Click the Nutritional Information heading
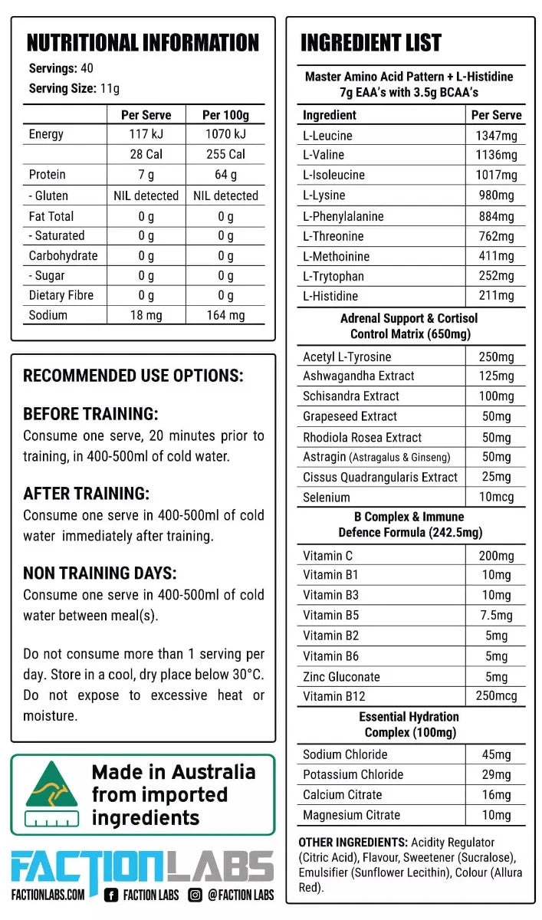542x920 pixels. coord(143,42)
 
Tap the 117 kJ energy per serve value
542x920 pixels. coord(146,134)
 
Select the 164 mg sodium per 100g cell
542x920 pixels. coord(225,315)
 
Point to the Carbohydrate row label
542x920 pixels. coord(63,255)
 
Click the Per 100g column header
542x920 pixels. coord(225,115)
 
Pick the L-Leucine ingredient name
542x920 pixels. coord(328,136)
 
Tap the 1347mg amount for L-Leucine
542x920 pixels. coord(496,136)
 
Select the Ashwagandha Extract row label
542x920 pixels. coord(358,376)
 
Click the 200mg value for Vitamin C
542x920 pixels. coord(496,556)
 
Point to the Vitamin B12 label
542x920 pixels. coord(333,696)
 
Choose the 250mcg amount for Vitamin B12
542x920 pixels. coord(496,696)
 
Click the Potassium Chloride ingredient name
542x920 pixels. coord(353,774)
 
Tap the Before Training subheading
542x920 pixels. coord(90,414)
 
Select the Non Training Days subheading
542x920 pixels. coord(100,573)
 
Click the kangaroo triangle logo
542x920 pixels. coord(51,790)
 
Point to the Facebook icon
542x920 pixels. coord(111,895)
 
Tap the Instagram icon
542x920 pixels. coord(195,895)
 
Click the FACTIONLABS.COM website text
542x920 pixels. coord(48,895)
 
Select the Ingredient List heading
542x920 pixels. coord(371,42)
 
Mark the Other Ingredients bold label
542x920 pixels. coord(353,842)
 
